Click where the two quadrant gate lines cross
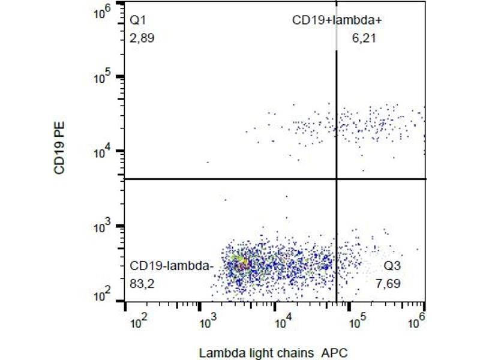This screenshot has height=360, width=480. click(x=336, y=179)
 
